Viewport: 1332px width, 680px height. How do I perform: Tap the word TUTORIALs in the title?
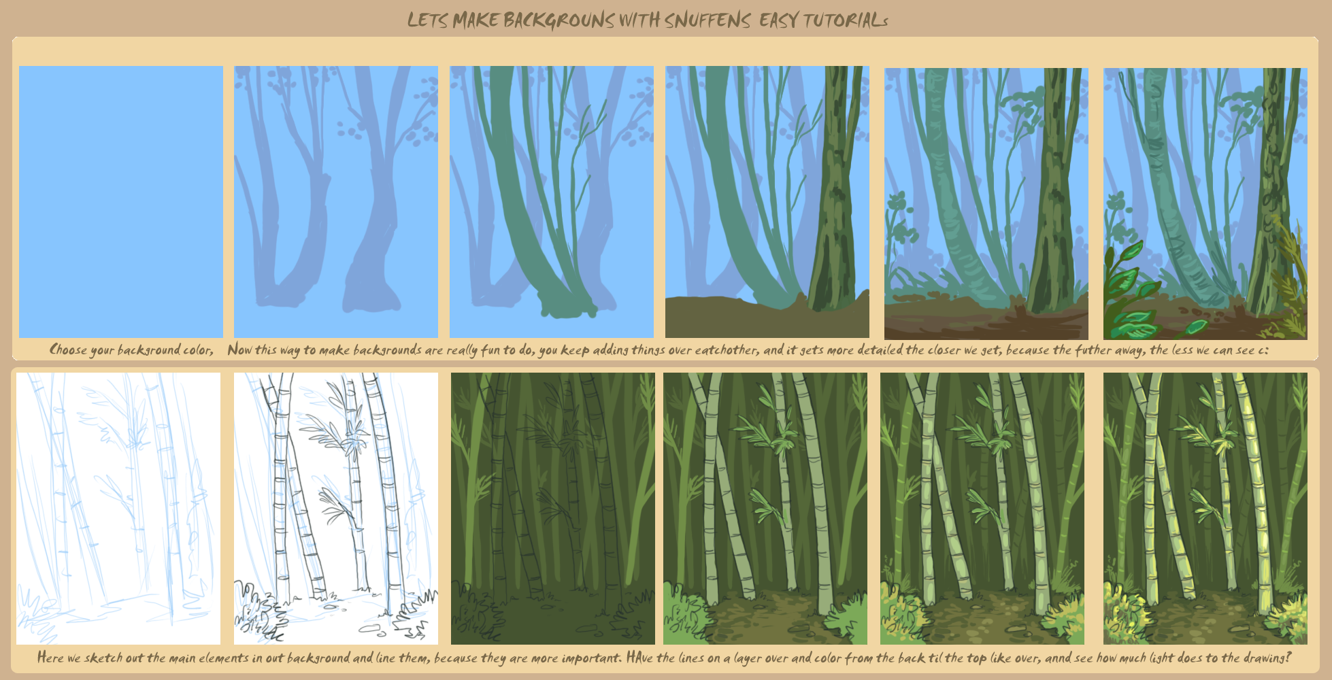click(845, 20)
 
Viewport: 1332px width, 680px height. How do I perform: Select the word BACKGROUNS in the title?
click(559, 20)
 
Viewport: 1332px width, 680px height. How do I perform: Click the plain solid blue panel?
click(120, 202)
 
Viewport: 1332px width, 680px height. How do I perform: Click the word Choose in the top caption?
click(68, 350)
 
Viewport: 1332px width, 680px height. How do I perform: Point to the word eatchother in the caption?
click(727, 350)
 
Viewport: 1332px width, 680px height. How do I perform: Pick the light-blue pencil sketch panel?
click(118, 508)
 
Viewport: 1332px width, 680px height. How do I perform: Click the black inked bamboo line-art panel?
click(336, 508)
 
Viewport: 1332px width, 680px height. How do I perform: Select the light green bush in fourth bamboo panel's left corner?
click(686, 619)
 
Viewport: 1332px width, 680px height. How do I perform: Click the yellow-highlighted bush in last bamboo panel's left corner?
click(1126, 615)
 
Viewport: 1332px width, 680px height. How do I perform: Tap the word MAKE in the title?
click(476, 20)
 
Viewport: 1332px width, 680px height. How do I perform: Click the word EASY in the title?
click(778, 20)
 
